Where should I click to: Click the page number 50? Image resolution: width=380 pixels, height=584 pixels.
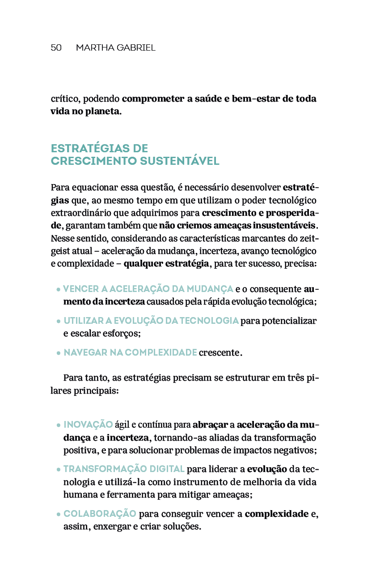point(56,48)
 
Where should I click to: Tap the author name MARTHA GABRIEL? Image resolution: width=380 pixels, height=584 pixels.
point(115,48)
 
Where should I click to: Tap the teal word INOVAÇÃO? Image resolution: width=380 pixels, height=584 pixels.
point(88,425)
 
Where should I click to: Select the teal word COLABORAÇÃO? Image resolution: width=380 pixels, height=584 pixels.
point(100,514)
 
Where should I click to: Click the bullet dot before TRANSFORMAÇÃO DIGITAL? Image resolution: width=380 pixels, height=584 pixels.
point(59,470)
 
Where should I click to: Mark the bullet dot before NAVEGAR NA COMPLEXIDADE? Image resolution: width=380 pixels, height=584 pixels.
point(59,353)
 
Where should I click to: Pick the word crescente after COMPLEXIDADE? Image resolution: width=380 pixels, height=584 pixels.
point(219,353)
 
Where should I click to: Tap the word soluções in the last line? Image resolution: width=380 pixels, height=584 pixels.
point(183,527)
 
